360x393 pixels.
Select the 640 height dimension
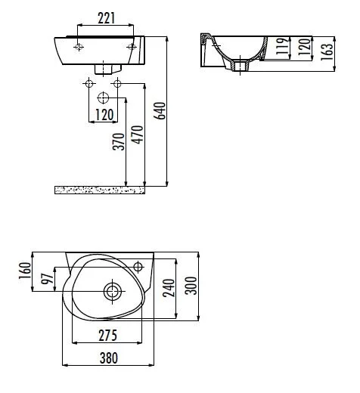[160, 110]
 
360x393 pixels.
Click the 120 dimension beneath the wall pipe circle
[104, 115]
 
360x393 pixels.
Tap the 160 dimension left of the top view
[25, 269]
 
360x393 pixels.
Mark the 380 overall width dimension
[111, 361]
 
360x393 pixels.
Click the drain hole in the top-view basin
[112, 289]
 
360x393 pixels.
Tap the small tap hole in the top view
[138, 265]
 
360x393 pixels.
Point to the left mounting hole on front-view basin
[79, 47]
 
